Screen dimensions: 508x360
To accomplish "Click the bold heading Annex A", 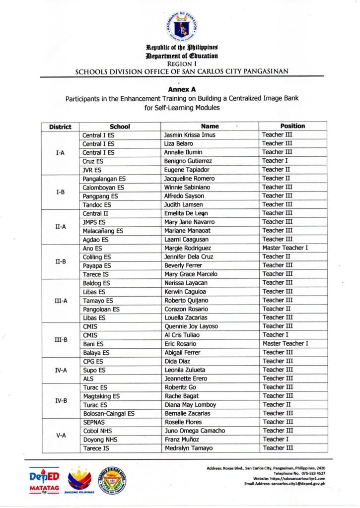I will tap(180, 90).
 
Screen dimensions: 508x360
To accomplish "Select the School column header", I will tap(120, 127).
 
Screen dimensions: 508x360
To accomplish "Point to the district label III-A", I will tap(61, 301).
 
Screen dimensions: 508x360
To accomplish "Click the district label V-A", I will tap(61, 435).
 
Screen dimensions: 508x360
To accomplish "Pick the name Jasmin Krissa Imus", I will tap(190, 135).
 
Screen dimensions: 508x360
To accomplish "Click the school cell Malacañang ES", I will tap(103, 231).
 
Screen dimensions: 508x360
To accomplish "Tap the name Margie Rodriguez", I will tap(188, 248).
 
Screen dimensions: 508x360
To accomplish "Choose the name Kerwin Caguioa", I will tap(185, 292).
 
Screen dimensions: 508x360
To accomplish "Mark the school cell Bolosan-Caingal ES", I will tap(108, 413).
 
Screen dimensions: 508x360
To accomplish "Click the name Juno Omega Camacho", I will tap(195, 431).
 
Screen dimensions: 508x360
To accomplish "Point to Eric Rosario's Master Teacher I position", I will tap(286, 343).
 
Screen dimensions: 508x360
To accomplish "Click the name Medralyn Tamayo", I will tap(189, 448).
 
